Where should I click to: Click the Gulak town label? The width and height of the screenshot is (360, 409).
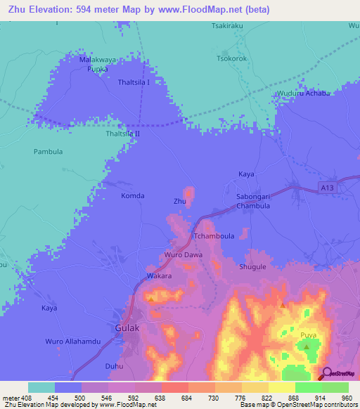point(128,327)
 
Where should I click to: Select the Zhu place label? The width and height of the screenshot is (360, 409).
point(180,202)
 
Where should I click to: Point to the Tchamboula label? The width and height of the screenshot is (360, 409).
point(213,237)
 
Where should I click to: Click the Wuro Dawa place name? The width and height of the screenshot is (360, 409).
point(183,254)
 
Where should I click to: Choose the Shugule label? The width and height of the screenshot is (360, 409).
point(253,267)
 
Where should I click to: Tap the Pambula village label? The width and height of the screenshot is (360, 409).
point(49,151)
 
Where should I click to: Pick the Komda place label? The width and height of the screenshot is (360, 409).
point(133,196)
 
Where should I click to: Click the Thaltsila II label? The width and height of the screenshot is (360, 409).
point(122,133)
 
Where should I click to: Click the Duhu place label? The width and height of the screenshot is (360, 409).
point(113,366)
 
